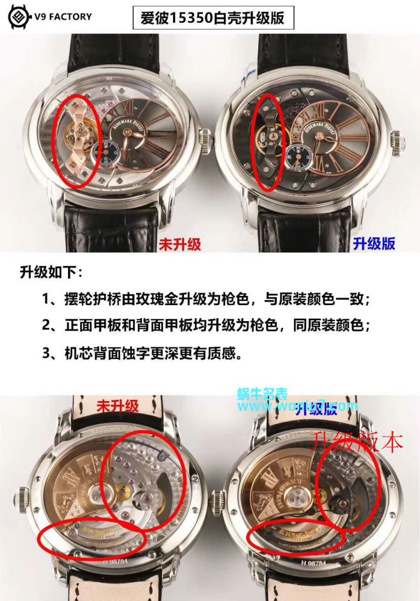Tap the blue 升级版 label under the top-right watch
374,243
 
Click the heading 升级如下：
52,273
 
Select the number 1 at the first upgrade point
47,299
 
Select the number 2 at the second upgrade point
47,325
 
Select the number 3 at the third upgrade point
47,353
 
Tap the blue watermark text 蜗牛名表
262,394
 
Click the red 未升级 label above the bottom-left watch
118,406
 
